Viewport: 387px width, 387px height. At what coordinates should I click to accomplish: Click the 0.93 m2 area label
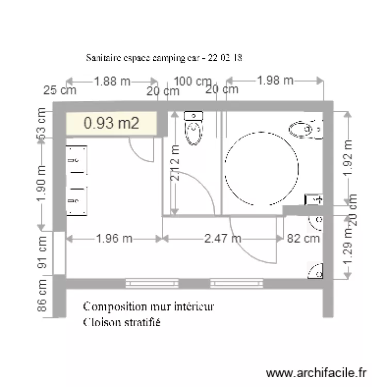(x=111, y=123)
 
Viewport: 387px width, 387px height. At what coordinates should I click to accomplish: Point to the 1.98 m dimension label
(x=275, y=80)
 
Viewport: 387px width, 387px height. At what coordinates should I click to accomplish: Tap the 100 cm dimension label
(x=193, y=81)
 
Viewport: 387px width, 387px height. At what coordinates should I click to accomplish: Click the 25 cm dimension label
(x=59, y=91)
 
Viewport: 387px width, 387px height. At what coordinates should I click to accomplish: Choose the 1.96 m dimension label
(x=115, y=238)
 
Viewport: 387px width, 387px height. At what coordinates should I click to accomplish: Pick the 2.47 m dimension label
(x=223, y=238)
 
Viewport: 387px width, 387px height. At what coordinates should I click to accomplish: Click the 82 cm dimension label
(x=303, y=238)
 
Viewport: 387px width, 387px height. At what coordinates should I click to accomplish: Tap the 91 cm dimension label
(x=43, y=253)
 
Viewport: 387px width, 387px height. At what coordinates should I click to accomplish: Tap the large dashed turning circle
(x=262, y=169)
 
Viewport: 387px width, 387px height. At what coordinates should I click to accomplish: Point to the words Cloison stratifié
(x=122, y=323)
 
